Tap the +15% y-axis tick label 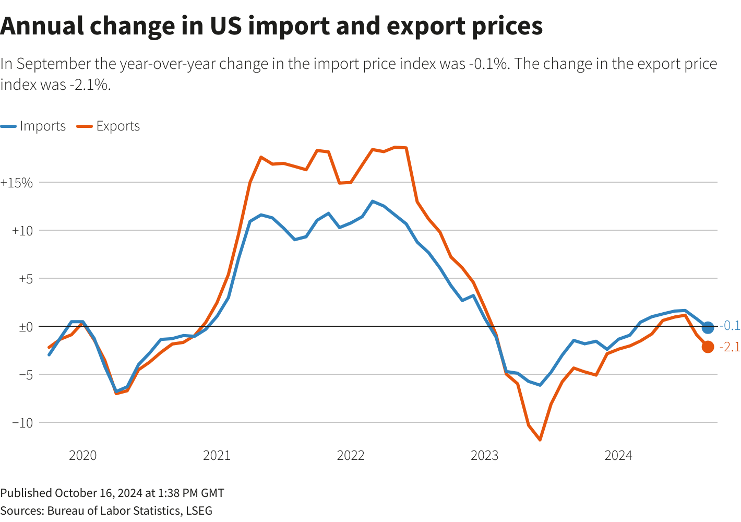17,183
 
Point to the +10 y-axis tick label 22,231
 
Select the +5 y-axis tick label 26,279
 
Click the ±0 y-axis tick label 26,327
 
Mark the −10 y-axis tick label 22,423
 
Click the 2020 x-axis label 82,456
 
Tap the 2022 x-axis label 351,456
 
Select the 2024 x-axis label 618,456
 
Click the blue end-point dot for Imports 708,327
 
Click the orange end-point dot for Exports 708,347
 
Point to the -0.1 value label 730,326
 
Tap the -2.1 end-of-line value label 730,347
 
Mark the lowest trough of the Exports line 540,440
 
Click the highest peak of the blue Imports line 372,201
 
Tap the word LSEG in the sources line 199,511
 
